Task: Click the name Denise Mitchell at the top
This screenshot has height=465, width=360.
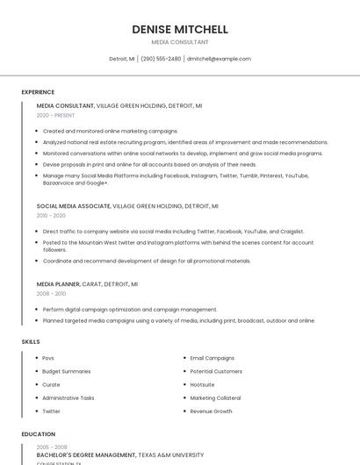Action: pos(180,29)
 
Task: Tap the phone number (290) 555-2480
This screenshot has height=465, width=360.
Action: pos(161,59)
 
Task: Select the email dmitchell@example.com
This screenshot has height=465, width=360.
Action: pos(219,59)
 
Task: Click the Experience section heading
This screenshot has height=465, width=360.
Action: pos(38,92)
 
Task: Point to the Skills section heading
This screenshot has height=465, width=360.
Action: pos(31,340)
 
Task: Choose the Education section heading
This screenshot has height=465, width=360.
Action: pos(38,434)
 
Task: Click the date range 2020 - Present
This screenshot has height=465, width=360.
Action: pos(55,115)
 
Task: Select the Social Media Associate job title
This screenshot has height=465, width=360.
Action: pos(74,206)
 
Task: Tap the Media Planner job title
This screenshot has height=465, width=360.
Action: pos(58,284)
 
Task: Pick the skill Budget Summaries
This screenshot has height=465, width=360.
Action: pos(67,371)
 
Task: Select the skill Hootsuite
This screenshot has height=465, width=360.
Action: pos(202,384)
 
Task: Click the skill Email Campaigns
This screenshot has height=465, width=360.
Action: pos(212,358)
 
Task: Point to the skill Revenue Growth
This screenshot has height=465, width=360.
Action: pos(211,411)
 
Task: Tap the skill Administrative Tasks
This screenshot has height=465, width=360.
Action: pos(68,397)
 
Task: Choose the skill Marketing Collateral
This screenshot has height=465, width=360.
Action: pos(216,397)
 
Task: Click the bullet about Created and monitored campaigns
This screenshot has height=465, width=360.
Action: pos(110,131)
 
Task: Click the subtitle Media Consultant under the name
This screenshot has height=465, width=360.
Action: pos(180,42)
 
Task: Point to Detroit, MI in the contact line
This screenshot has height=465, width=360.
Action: pos(122,59)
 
